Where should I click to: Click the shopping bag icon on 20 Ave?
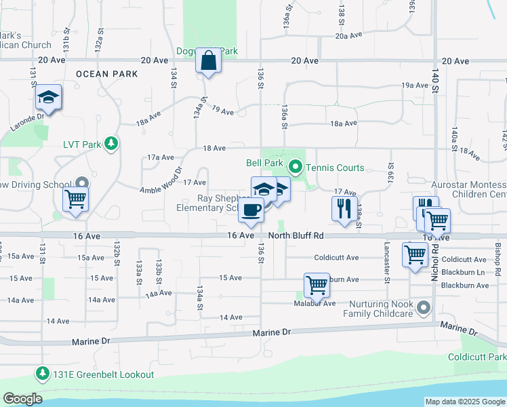coord(209,60)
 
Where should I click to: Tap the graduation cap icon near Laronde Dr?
coord(48,98)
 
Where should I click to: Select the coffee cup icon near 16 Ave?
coord(251,211)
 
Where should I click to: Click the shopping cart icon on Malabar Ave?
coord(317,286)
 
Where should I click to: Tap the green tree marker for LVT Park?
coord(110,144)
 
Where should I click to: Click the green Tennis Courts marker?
coord(295,166)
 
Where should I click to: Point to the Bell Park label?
coord(263,163)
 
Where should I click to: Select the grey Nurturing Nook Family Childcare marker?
coord(424,308)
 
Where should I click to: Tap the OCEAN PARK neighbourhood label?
coord(107,73)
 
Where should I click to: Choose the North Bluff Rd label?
coord(296,235)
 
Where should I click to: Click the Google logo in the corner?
coord(22,399)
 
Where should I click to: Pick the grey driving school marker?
coord(82,183)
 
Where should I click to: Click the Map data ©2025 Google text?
coord(465,402)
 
